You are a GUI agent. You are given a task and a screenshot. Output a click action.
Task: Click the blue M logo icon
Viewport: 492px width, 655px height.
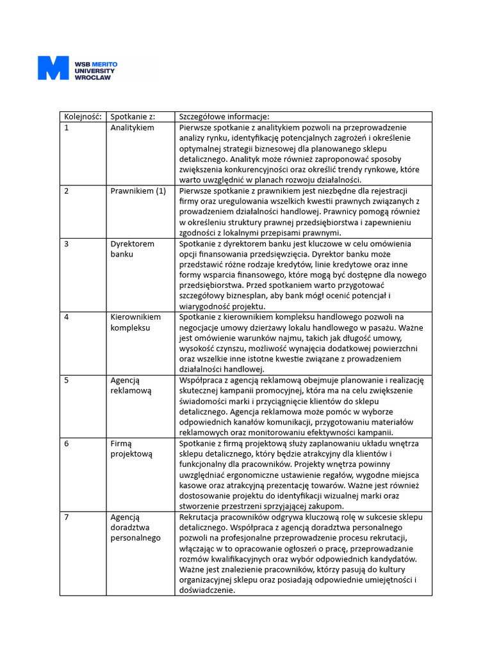[53, 68]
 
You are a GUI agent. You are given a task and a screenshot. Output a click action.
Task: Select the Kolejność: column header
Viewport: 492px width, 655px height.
[83, 117]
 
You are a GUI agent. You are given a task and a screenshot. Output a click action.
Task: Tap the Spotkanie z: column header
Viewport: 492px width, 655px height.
[133, 117]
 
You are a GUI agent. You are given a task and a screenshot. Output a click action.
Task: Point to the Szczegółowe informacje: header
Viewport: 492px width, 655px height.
[224, 117]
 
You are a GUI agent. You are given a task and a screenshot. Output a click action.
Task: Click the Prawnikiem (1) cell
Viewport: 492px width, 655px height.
[138, 191]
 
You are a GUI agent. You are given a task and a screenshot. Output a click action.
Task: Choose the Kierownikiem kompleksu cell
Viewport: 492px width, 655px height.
[135, 322]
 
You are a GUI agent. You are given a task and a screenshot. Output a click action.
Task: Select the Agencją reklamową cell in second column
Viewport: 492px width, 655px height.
[131, 385]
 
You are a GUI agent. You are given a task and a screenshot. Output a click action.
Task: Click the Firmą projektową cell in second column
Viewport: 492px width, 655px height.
[131, 448]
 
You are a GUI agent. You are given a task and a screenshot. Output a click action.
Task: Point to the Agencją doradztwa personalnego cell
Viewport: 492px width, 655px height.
[135, 528]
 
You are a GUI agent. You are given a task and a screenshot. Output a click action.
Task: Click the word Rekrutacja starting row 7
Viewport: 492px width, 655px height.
[201, 517]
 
